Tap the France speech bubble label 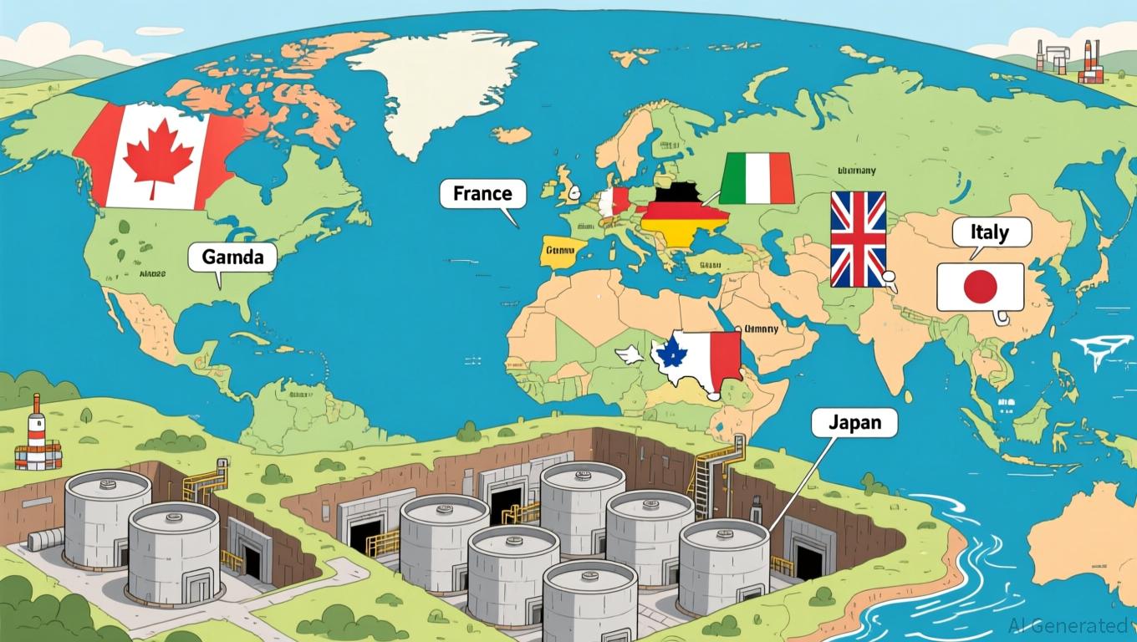(x=482, y=194)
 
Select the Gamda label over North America (x=232, y=257)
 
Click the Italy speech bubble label (x=992, y=232)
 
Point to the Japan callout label (x=854, y=422)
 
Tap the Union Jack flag (x=857, y=238)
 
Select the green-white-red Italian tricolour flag (x=757, y=178)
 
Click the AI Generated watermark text (x=1072, y=624)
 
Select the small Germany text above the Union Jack (x=856, y=171)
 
